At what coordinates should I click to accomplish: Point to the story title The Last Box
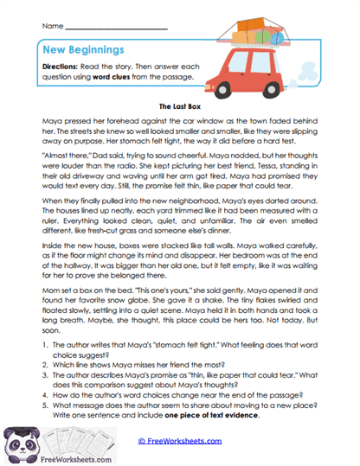[x=180, y=110]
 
